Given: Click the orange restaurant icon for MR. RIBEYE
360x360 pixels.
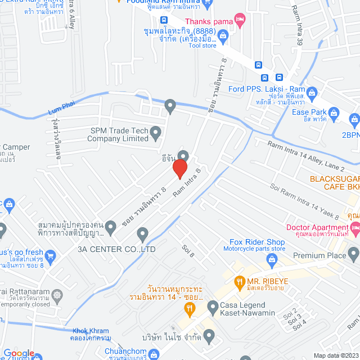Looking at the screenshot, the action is (239, 281).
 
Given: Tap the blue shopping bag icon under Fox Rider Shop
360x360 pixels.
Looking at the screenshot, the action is (272, 259).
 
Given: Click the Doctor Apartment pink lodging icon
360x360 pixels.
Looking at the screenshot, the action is (354, 227).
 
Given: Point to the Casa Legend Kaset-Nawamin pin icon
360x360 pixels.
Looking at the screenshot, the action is (212, 307).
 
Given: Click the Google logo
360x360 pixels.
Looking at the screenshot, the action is (19, 353).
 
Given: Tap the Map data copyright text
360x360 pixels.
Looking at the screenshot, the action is (335, 355).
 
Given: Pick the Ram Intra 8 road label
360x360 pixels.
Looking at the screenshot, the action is (187, 182).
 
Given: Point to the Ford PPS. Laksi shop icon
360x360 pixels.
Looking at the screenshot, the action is (313, 92).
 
